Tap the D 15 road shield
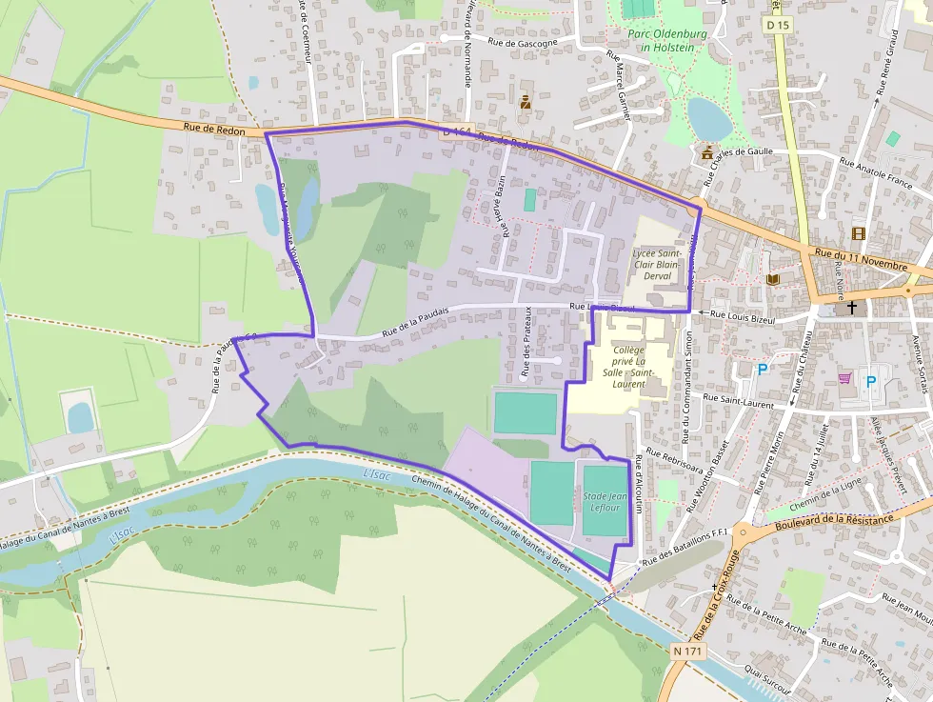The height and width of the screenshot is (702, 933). pos(776,25)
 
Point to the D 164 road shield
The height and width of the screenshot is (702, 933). pos(456,132)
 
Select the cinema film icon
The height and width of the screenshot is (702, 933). pos(859,233)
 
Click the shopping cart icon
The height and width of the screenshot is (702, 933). pos(844,378)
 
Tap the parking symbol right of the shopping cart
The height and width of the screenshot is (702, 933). pos(871,382)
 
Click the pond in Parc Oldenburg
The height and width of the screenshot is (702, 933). pos(709,117)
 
